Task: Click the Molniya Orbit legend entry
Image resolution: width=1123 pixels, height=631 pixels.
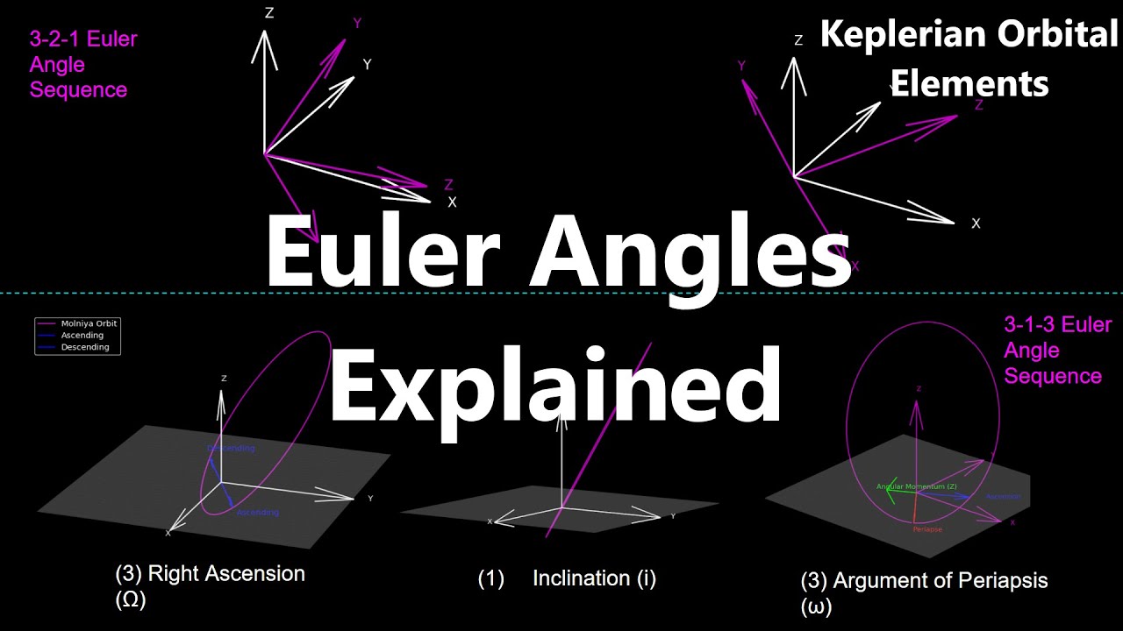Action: (x=89, y=323)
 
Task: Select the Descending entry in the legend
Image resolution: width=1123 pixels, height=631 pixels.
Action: (x=84, y=347)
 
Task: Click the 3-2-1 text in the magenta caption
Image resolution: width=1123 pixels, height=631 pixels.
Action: (x=55, y=39)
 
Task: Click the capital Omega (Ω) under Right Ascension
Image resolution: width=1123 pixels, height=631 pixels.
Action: (x=130, y=600)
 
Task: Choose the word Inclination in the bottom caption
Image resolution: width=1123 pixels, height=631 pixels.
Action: (x=581, y=578)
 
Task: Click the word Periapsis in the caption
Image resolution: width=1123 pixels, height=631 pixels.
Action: (x=1006, y=580)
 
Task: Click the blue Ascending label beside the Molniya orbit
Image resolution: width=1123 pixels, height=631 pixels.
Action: (x=258, y=513)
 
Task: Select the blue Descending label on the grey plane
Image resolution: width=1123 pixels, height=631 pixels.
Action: (x=232, y=449)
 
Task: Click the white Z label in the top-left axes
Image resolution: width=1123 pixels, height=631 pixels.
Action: (x=269, y=13)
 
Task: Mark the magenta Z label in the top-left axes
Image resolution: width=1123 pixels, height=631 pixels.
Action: (x=448, y=185)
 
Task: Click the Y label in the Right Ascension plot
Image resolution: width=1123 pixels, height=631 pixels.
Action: (x=370, y=499)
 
